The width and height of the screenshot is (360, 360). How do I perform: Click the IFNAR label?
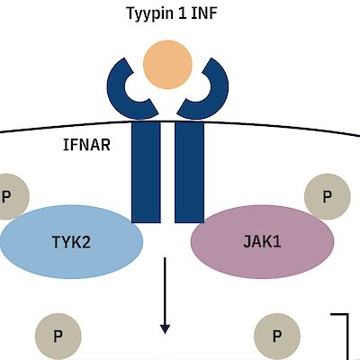88,144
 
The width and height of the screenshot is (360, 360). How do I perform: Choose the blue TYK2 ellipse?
72,241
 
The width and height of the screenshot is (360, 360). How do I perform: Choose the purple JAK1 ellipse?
262,241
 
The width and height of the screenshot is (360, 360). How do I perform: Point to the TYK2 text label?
71,241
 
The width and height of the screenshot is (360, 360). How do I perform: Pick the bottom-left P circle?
58,337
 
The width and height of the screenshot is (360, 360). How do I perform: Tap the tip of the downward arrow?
166,328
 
